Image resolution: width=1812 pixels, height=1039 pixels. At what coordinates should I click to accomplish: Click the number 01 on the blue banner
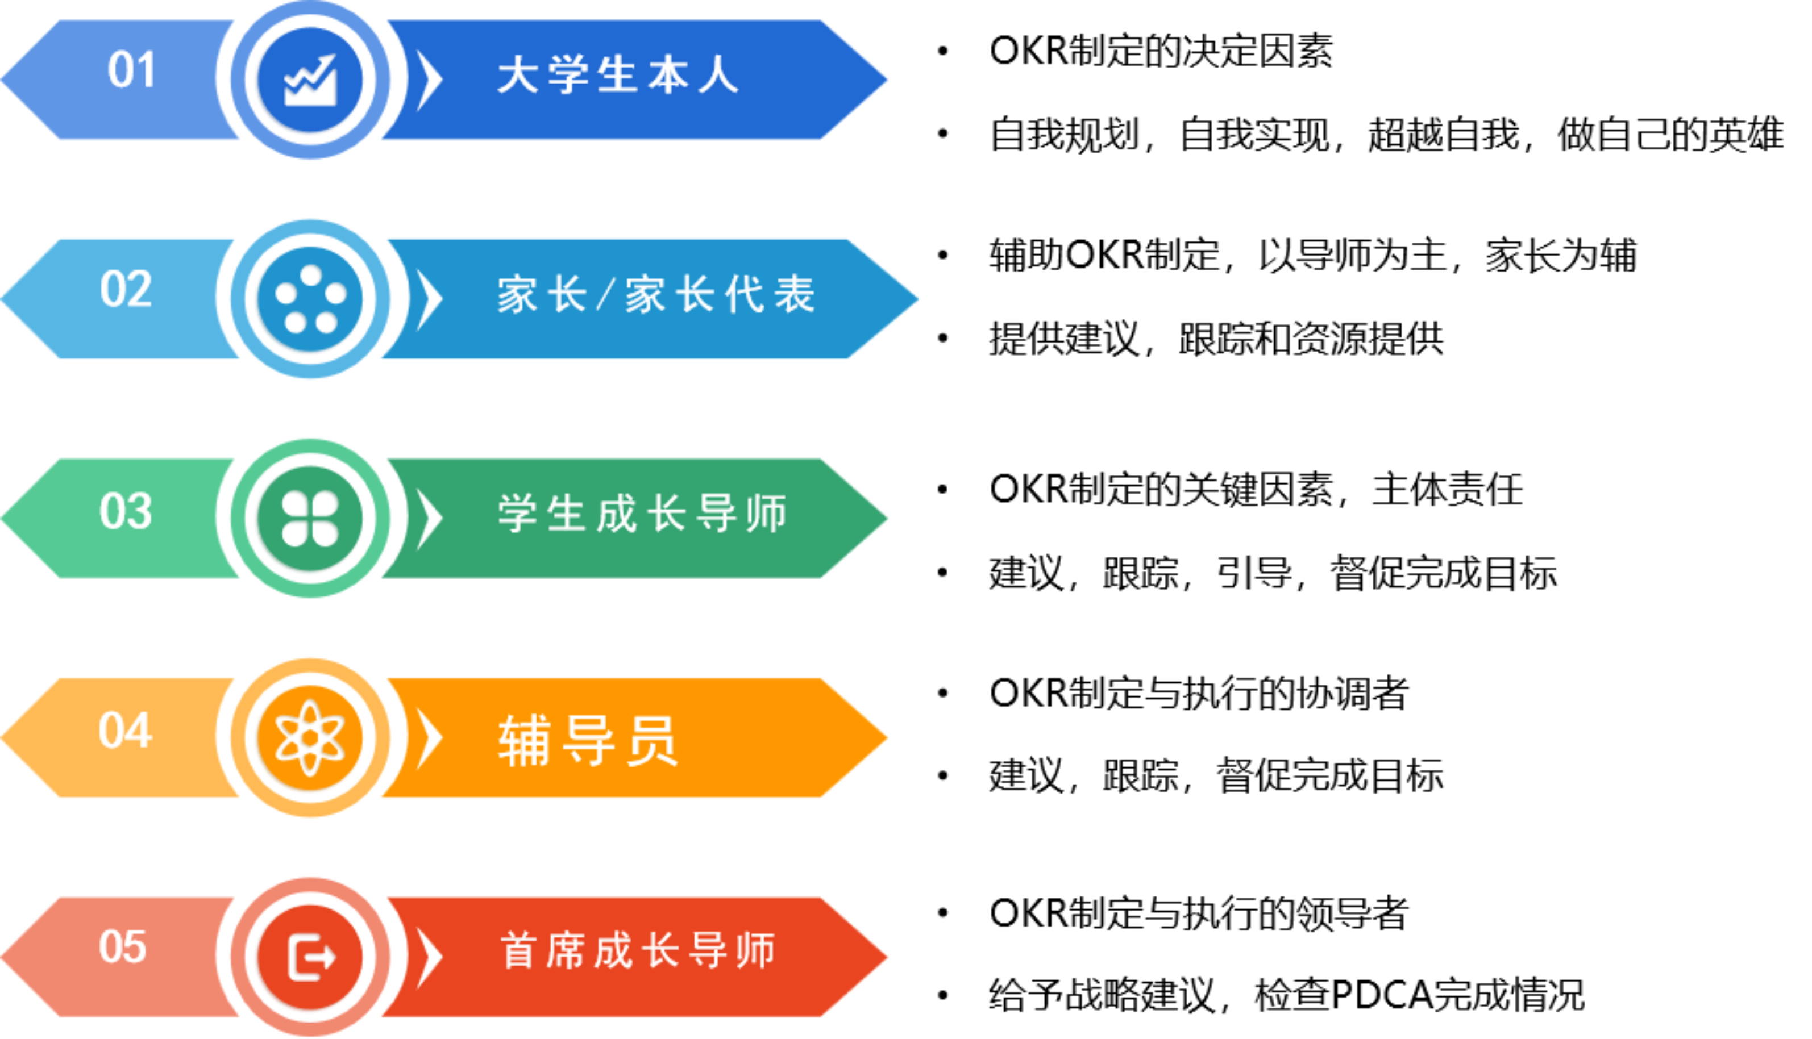coord(131,70)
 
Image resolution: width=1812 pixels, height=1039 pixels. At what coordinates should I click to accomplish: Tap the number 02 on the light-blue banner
coord(126,289)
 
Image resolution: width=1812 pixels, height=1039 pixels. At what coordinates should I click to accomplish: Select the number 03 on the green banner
coord(126,511)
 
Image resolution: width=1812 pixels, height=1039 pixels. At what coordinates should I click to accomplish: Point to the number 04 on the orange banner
coord(126,730)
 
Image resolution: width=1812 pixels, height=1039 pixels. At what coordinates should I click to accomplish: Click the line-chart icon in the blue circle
coord(310,80)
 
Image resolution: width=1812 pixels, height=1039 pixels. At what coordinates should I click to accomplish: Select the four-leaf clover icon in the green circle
coord(310,519)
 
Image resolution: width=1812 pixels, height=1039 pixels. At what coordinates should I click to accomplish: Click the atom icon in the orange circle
coord(310,738)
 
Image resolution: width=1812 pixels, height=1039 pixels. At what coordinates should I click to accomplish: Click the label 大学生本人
coord(618,75)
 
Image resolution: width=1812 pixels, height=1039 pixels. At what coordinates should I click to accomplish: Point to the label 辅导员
coord(588,741)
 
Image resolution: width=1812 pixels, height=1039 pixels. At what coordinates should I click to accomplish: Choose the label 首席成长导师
coord(638,950)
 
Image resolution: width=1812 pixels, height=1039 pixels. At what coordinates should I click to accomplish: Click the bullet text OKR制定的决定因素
coord(1161,51)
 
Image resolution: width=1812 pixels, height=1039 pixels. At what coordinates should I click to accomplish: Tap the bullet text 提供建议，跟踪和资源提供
coord(1216,338)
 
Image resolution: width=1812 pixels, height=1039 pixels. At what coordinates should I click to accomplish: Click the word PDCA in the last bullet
coord(1381,995)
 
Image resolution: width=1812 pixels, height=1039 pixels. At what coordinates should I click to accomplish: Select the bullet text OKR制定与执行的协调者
coord(1199,693)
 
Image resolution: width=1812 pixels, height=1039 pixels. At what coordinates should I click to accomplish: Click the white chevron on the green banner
coord(429,518)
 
